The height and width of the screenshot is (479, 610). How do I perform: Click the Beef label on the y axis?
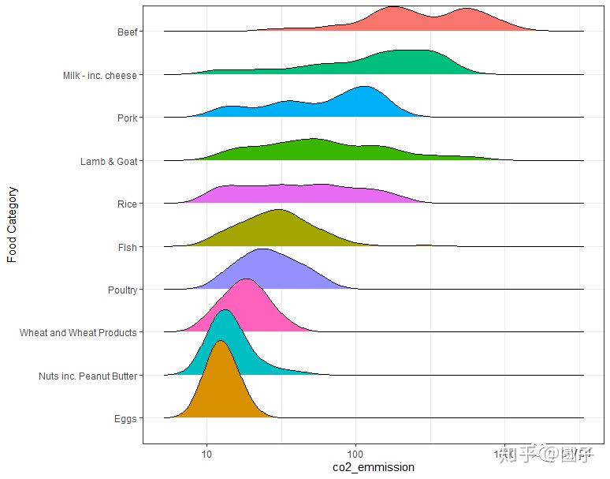tap(126, 32)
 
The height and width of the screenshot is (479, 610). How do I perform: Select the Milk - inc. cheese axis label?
tap(100, 76)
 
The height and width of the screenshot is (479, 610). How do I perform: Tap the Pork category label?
tap(126, 118)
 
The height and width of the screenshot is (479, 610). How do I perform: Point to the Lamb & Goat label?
tap(108, 162)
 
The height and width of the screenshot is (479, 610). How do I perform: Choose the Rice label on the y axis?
tap(126, 204)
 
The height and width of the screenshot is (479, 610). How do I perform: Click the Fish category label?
tap(127, 248)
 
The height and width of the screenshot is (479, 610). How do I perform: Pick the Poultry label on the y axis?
tap(122, 290)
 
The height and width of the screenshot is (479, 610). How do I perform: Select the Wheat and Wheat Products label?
tap(78, 333)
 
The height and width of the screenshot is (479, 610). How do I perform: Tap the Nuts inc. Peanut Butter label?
tap(87, 376)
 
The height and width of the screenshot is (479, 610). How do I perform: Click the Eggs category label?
tap(125, 419)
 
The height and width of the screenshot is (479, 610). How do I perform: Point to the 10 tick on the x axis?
tap(206, 454)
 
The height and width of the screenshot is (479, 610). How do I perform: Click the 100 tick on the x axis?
tap(355, 454)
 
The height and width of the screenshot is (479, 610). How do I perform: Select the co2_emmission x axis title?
tap(374, 467)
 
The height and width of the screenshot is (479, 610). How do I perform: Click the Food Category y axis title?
tap(12, 224)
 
